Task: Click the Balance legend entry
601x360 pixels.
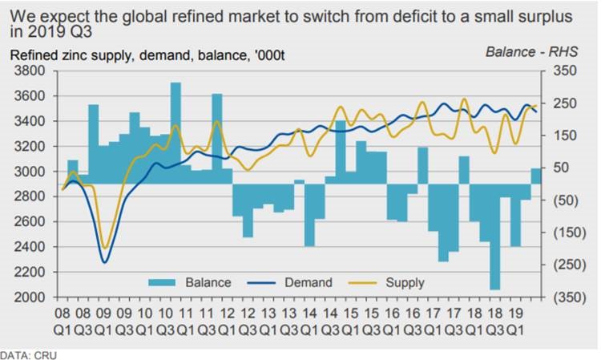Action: tap(208, 282)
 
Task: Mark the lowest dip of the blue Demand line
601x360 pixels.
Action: tap(103, 261)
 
